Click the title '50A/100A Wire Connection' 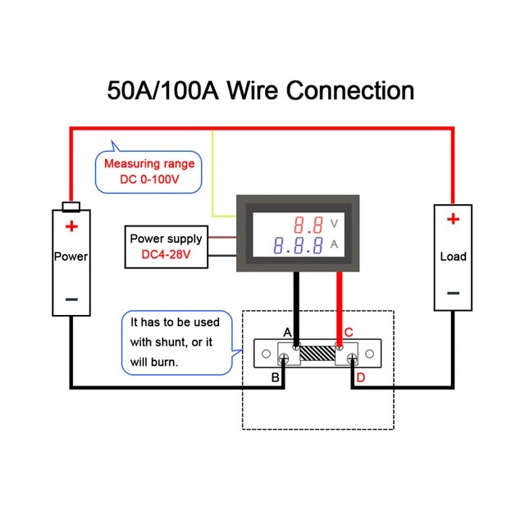[261, 89]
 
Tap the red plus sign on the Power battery [71, 226]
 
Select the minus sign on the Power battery [71, 299]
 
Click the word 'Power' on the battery [71, 257]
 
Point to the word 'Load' [453, 257]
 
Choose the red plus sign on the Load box [453, 219]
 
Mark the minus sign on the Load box [453, 293]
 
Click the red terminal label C [349, 332]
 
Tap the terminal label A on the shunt [287, 332]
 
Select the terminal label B [276, 377]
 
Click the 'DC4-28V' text [164, 255]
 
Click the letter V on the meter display [334, 223]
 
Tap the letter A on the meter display [334, 244]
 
